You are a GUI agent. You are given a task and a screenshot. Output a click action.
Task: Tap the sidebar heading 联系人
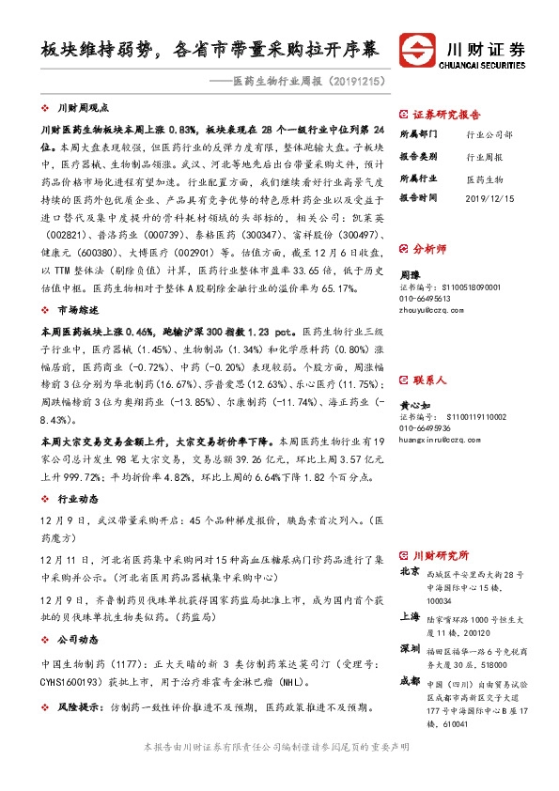point(432,355)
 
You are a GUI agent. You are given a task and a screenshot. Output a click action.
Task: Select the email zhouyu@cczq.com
point(431,306)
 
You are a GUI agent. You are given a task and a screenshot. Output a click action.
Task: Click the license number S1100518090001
point(459,286)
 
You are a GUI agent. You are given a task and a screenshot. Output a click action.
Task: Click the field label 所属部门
point(416,134)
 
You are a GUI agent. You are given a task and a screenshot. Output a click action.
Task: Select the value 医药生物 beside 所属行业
point(485,178)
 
